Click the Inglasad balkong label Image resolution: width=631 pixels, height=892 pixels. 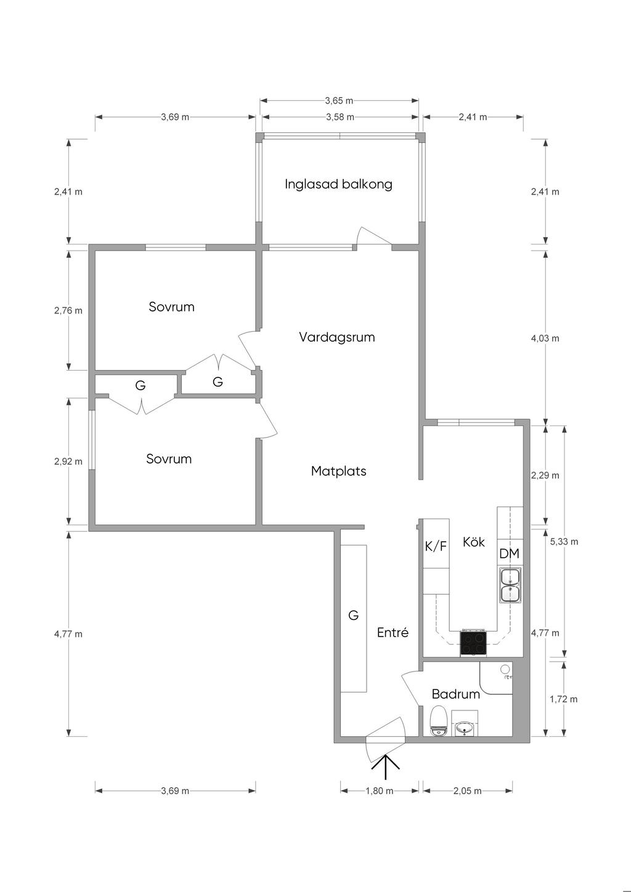[x=338, y=184]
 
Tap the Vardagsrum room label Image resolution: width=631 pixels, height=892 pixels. [x=337, y=337]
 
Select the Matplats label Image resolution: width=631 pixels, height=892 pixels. [x=338, y=472]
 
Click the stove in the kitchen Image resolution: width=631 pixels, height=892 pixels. [x=473, y=643]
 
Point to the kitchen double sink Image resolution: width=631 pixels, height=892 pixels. [x=510, y=585]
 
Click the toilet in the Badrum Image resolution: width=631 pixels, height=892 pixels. [x=438, y=721]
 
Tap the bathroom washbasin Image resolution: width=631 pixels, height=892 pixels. [x=464, y=729]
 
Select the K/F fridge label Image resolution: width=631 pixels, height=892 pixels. [x=436, y=545]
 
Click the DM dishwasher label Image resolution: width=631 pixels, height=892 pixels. [x=509, y=553]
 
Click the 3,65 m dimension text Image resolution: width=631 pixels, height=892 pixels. [x=339, y=100]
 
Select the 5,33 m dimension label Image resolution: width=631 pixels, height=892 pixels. [x=564, y=542]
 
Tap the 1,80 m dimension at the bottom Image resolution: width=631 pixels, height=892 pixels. [x=380, y=791]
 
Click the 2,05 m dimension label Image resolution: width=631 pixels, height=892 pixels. [x=468, y=791]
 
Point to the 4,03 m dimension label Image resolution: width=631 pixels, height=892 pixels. [x=545, y=338]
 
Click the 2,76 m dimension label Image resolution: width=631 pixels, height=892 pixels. [x=68, y=310]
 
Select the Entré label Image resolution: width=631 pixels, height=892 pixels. [x=393, y=633]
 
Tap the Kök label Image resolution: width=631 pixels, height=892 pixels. [x=474, y=542]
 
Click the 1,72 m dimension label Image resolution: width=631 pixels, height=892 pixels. [x=564, y=699]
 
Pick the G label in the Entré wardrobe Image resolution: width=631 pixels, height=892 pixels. [x=354, y=615]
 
